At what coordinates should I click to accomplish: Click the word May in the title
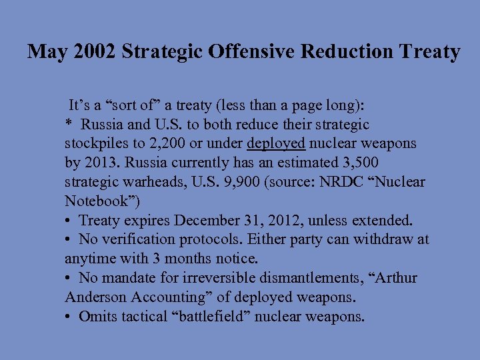[45, 52]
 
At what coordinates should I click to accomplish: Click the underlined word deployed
[276, 143]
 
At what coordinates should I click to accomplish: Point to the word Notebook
[91, 201]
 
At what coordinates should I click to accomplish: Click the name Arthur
[395, 278]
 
